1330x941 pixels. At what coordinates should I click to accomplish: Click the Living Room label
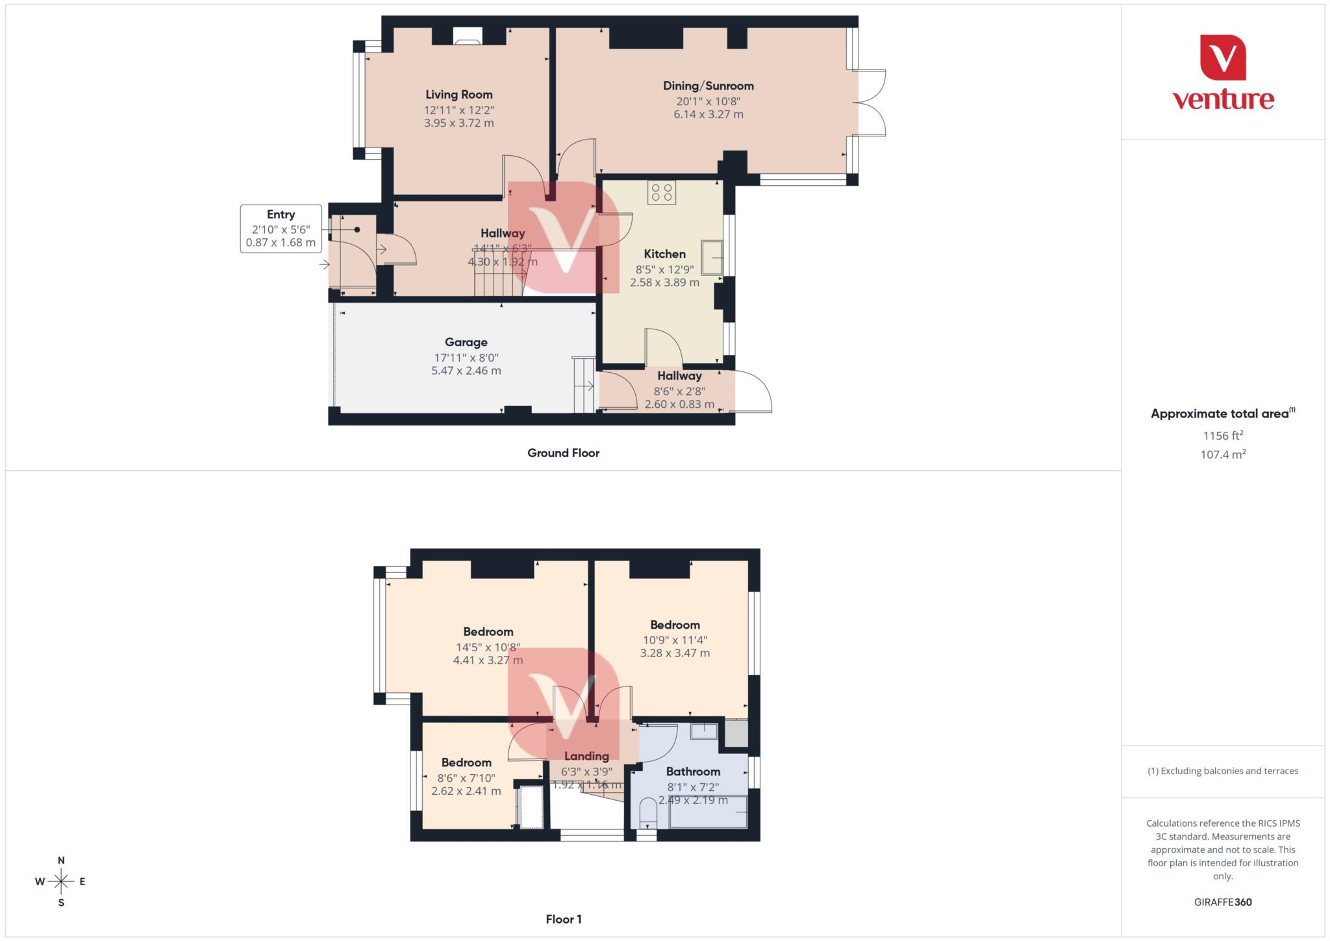click(458, 95)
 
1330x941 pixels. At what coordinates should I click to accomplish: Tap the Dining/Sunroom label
click(708, 86)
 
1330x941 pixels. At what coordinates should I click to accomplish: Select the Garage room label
click(466, 342)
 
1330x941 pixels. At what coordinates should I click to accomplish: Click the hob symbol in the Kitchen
click(661, 193)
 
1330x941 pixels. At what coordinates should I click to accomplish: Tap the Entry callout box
click(281, 229)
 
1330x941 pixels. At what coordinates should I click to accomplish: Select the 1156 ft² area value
click(1223, 436)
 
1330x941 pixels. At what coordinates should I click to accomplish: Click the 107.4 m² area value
click(1223, 455)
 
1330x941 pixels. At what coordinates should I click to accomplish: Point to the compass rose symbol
click(61, 881)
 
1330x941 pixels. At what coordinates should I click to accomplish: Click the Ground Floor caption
click(563, 453)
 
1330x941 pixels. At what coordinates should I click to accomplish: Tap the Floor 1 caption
click(563, 920)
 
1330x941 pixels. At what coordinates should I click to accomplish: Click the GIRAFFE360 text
click(1223, 902)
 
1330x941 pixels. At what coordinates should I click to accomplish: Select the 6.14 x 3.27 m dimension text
click(708, 114)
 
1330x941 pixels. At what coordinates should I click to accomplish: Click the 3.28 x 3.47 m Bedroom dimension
click(675, 653)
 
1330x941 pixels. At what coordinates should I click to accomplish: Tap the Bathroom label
click(693, 772)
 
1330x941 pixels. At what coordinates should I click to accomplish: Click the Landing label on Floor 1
click(586, 756)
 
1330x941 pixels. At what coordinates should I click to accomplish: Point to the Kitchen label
click(664, 254)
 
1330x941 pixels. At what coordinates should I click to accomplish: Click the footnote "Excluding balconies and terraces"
click(1223, 772)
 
